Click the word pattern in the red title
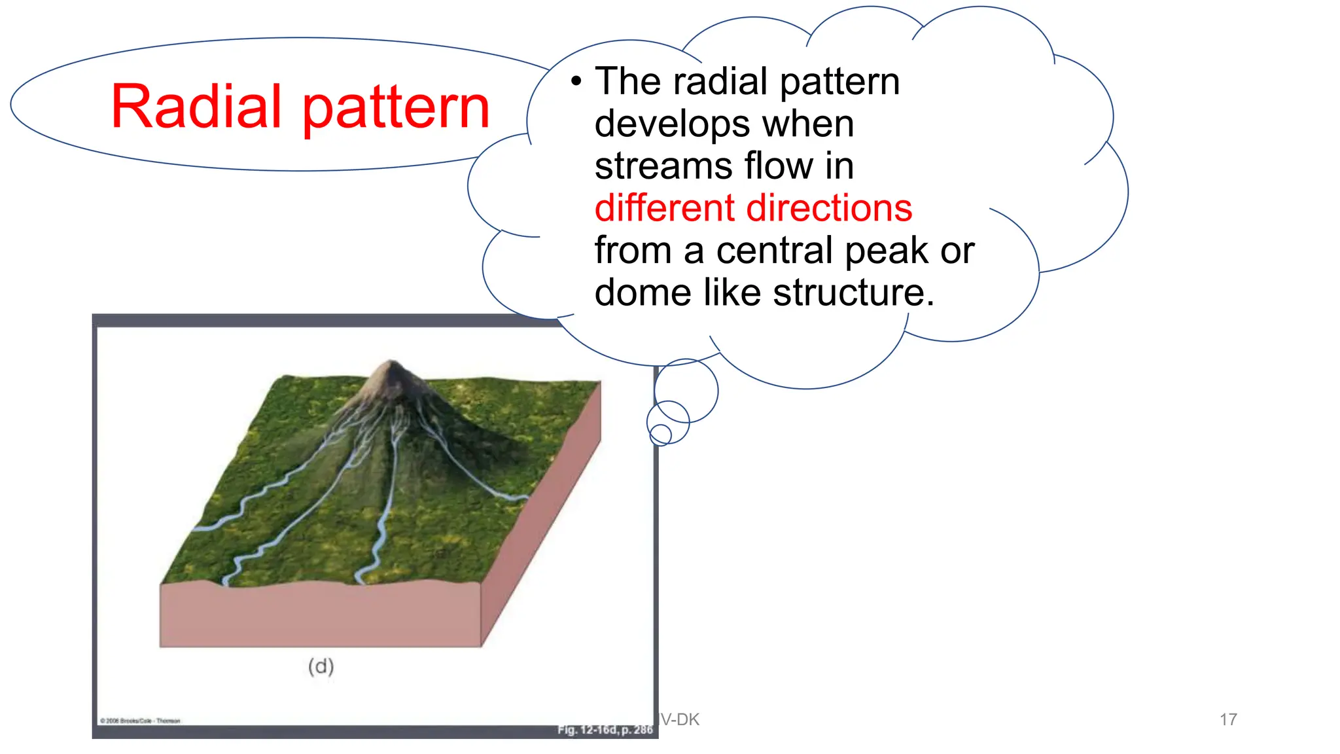[397, 108]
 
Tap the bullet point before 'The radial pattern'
[576, 82]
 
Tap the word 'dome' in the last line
[643, 293]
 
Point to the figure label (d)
[321, 666]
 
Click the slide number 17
[1228, 719]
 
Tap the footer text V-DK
[680, 719]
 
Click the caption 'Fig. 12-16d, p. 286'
[605, 729]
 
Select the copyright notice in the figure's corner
[140, 721]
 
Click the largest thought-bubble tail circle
[686, 391]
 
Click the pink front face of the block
[321, 615]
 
